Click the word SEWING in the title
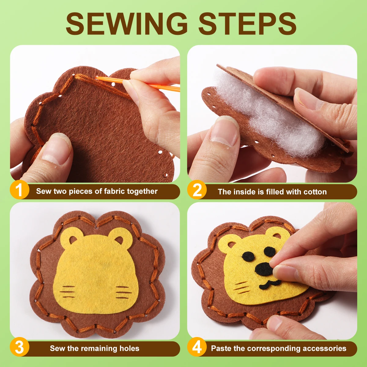pyautogui.click(x=127, y=24)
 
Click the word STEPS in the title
pyautogui.click(x=248, y=24)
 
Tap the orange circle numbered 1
pyautogui.click(x=19, y=190)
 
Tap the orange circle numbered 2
pyautogui.click(x=197, y=190)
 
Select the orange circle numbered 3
pyautogui.click(x=19, y=347)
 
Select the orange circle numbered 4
pyautogui.click(x=197, y=347)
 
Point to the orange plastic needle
pyautogui.click(x=138, y=83)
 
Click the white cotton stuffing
pyautogui.click(x=269, y=116)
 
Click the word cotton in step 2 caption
pyautogui.click(x=315, y=192)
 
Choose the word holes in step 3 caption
pyautogui.click(x=130, y=348)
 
